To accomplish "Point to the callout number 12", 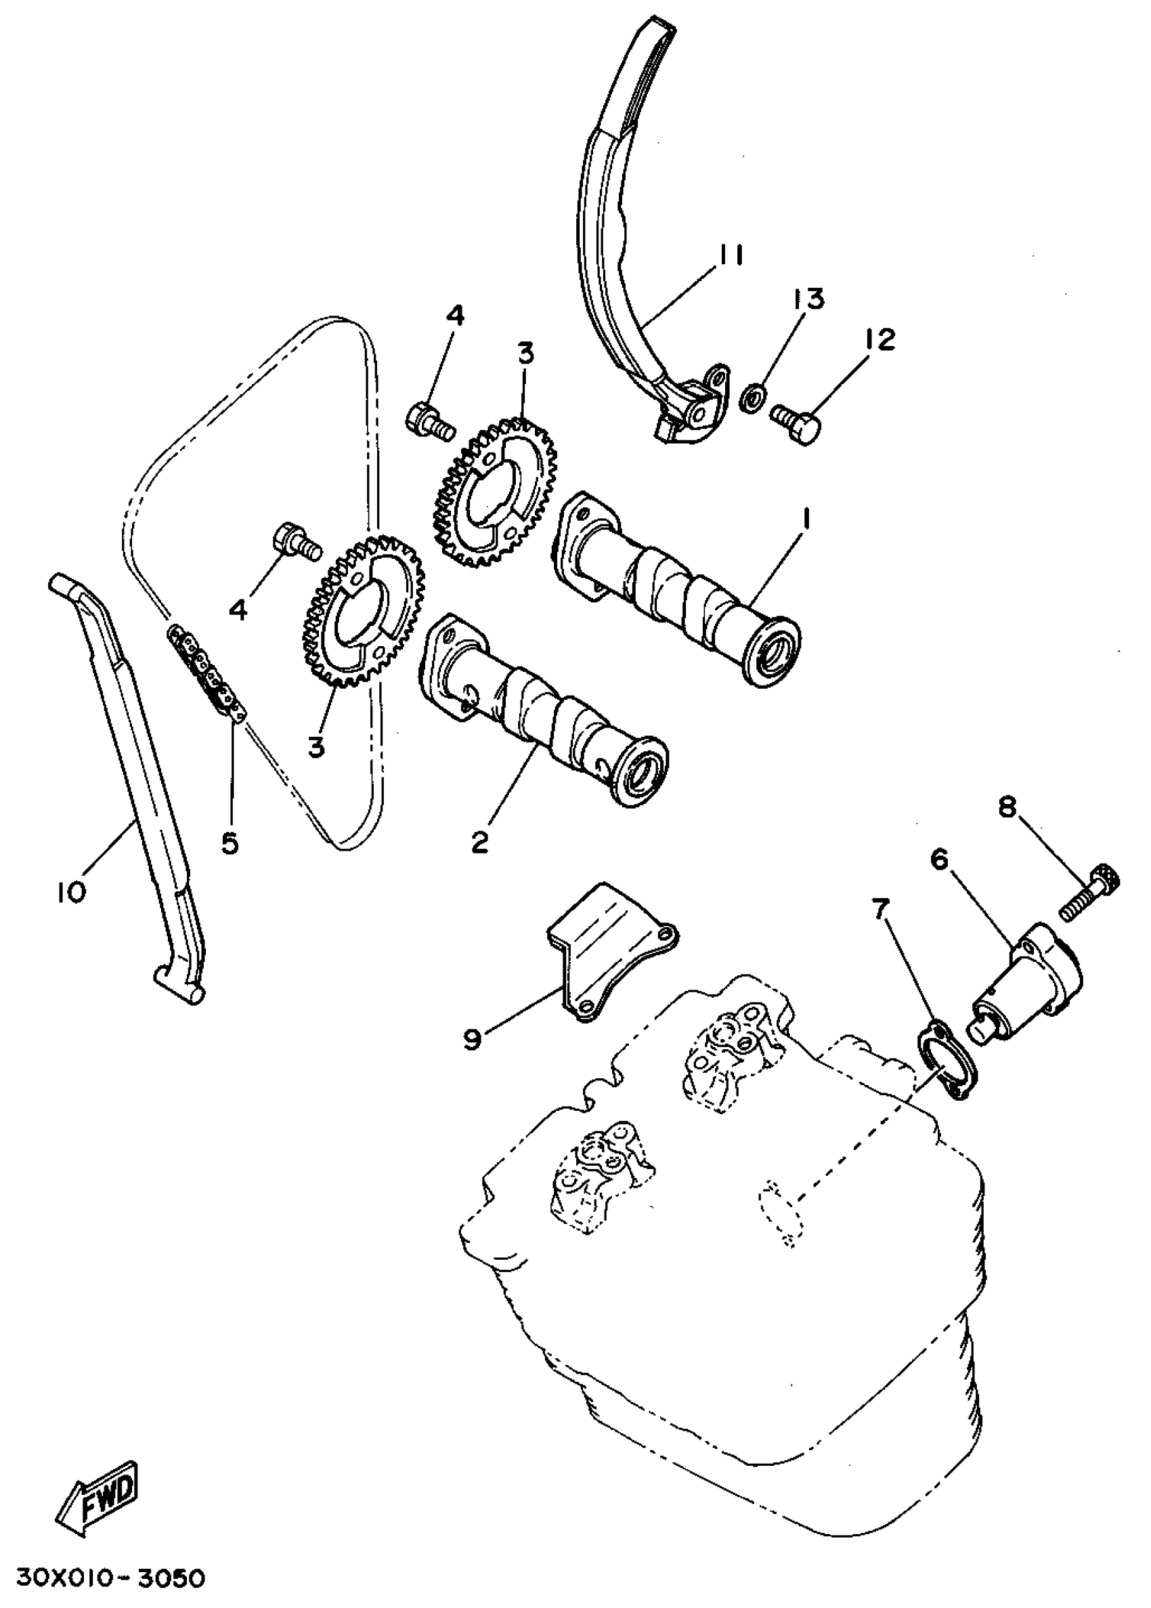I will pyautogui.click(x=879, y=340).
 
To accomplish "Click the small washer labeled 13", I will pyautogui.click(x=752, y=398).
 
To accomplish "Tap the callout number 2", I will pyautogui.click(x=480, y=843).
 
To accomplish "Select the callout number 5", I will pyautogui.click(x=230, y=844).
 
